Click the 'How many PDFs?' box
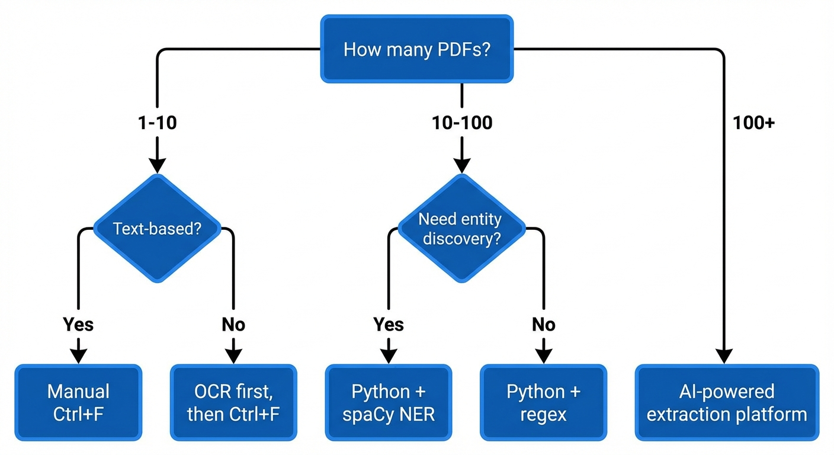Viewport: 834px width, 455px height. tap(416, 49)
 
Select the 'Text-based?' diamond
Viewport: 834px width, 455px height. tap(157, 228)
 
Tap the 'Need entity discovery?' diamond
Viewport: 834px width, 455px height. tap(461, 228)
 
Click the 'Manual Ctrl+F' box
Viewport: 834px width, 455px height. tap(78, 402)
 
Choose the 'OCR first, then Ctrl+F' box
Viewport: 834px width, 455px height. tap(233, 402)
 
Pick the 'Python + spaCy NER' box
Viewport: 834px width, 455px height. tap(389, 402)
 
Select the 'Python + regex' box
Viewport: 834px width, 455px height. tap(543, 402)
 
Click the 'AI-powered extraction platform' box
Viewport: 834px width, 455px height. tap(727, 402)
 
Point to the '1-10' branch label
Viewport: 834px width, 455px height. tap(157, 123)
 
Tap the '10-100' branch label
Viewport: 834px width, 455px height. tap(461, 123)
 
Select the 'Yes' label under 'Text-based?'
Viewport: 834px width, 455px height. tap(78, 324)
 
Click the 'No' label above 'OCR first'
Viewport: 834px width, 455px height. tap(233, 324)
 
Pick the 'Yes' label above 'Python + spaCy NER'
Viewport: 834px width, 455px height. tap(389, 324)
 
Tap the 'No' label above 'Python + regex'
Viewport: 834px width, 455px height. tap(543, 324)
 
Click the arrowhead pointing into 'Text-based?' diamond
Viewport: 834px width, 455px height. tap(157, 165)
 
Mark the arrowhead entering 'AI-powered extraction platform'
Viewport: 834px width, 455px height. tap(723, 355)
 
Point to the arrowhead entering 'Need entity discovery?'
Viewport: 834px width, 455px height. tap(461, 165)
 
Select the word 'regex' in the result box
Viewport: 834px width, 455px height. tap(543, 414)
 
